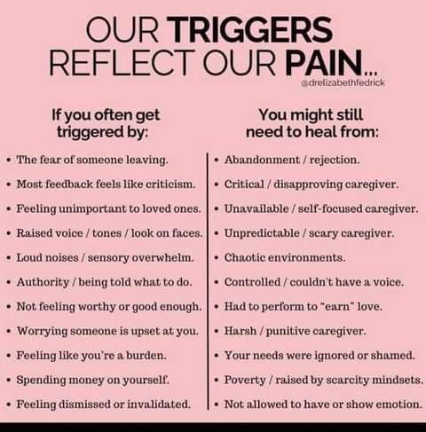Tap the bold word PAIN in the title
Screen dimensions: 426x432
[x=324, y=63]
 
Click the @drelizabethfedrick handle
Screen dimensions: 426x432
[x=343, y=82]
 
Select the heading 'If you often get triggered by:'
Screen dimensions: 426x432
[x=106, y=123]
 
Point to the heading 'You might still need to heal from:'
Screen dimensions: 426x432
[x=312, y=123]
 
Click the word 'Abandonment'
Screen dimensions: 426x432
[x=262, y=160]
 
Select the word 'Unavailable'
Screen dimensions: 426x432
[x=256, y=208]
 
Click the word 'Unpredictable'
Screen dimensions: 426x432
[x=262, y=233]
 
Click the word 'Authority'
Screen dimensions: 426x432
[x=43, y=282]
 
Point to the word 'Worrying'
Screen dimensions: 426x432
[x=43, y=331]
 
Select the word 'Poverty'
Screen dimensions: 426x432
[x=245, y=381]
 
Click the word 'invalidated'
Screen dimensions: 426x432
[x=158, y=405]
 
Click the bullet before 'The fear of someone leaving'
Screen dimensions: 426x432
[x=9, y=161]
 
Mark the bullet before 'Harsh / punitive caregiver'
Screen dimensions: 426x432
[x=217, y=332]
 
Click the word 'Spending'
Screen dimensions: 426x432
[x=41, y=381]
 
